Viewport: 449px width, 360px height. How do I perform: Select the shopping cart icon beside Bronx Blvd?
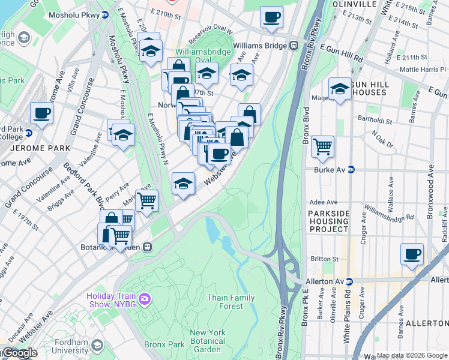tap(323, 146)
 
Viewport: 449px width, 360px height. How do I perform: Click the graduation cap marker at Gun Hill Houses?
tap(340, 89)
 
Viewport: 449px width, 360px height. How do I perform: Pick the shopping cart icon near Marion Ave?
tap(146, 200)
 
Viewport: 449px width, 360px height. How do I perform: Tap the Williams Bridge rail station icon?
tap(294, 45)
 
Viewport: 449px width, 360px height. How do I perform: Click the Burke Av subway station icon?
tap(351, 170)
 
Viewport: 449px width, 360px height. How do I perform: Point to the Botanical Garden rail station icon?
tap(146, 247)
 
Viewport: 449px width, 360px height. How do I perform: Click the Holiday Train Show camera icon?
tap(144, 299)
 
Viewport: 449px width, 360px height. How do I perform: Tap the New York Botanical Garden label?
tap(208, 341)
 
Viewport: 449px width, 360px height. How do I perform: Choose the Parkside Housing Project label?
tap(328, 221)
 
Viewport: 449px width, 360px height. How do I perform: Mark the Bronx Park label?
tap(164, 344)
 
